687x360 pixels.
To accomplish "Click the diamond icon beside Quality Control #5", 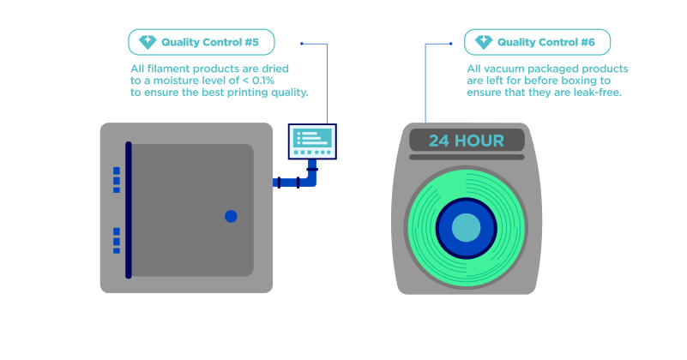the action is coord(148,42).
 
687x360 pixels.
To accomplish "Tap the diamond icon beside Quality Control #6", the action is coord(484,42).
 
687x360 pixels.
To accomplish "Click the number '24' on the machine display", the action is coord(439,141).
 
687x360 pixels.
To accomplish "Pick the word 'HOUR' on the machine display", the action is coord(479,141).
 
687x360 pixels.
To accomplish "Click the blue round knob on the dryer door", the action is coord(231,216).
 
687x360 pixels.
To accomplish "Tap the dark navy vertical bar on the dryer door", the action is coord(129,210).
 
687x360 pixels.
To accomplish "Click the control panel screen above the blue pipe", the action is coord(312,141).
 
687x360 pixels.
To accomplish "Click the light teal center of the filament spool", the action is coord(467,228).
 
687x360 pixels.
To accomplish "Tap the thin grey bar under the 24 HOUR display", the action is coord(467,157).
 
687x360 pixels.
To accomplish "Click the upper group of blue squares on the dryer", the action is coord(117,180).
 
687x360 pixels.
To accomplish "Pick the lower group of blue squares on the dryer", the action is coord(117,241).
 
